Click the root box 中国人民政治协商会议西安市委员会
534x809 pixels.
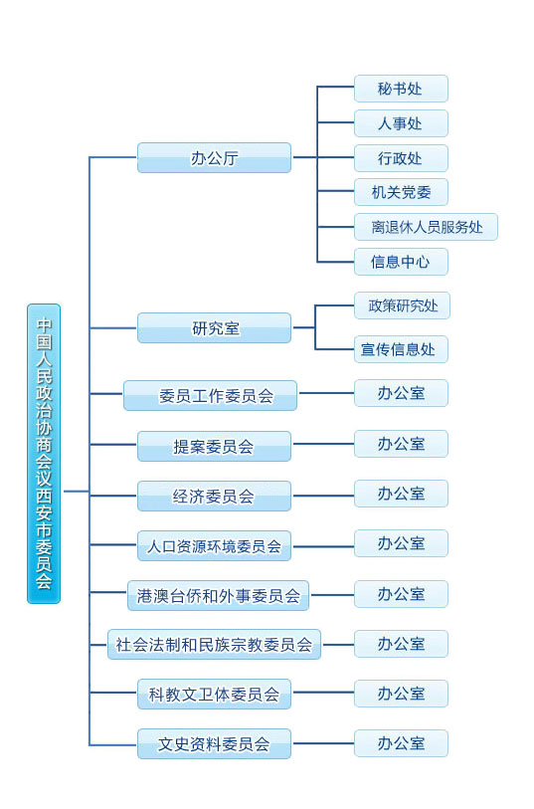44,453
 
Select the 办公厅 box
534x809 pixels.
214,157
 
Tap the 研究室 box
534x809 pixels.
214,327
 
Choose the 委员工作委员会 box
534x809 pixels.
210,395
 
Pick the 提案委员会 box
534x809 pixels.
214,446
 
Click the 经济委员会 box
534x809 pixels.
214,496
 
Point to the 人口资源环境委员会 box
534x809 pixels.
214,545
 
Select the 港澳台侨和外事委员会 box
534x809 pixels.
218,595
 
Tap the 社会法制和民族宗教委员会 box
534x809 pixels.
214,645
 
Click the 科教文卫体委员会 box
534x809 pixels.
214,694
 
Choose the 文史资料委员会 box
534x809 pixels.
214,743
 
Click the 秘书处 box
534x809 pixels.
401,89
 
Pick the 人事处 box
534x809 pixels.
401,123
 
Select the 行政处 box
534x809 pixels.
401,158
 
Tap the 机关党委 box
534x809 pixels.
401,192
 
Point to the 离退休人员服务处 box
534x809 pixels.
426,227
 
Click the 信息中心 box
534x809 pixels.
401,262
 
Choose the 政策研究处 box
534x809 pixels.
402,305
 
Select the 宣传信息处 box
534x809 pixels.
401,349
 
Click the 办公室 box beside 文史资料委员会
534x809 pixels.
401,742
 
